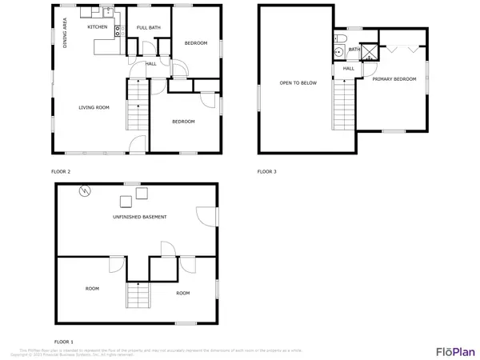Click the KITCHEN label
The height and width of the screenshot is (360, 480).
click(98, 27)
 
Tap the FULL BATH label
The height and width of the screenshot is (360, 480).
click(149, 28)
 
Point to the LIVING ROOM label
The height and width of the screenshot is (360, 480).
click(94, 107)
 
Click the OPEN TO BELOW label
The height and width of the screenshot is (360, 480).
click(295, 82)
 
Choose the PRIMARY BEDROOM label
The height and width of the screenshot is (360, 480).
click(394, 78)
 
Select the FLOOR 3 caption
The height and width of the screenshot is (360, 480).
click(267, 171)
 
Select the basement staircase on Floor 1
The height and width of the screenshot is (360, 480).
click(138, 296)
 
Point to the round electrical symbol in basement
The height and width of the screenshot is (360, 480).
click(85, 191)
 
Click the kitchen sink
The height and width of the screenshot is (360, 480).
click(118, 31)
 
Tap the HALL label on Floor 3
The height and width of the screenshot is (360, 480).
click(349, 68)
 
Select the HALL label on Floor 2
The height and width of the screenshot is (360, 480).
click(151, 64)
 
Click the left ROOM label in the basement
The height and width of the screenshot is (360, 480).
click(93, 288)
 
